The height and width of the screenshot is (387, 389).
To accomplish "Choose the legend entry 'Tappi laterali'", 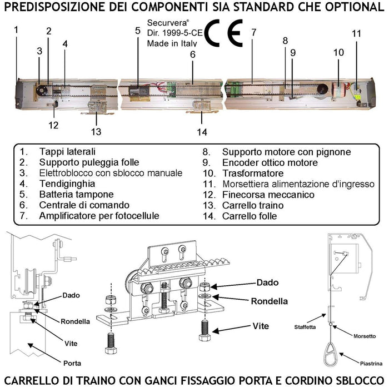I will [x=67, y=151].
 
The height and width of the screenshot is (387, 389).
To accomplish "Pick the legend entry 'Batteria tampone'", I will [x=76, y=195].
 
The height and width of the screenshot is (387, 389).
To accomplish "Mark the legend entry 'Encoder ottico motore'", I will [x=270, y=162].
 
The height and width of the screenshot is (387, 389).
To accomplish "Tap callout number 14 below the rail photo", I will [x=201, y=132].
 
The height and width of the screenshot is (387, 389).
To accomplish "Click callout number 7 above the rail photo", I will [x=253, y=32].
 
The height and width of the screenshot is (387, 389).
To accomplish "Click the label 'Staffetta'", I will [x=305, y=328].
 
